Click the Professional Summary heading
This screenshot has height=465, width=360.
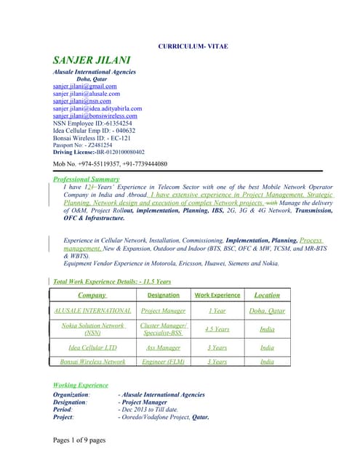point(87,179)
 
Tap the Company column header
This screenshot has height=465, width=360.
point(92,295)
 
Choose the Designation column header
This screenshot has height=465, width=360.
point(163,296)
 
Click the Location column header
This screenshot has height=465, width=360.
point(267,295)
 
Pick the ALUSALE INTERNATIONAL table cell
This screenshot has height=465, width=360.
point(93,310)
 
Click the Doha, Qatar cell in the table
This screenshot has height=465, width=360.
point(267,310)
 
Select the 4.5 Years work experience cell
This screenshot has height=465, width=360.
point(217,329)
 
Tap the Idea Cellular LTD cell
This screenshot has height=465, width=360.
point(92,347)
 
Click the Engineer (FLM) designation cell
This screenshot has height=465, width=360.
point(163,361)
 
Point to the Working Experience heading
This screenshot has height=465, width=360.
point(81,385)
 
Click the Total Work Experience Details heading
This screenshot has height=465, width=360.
point(112,281)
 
